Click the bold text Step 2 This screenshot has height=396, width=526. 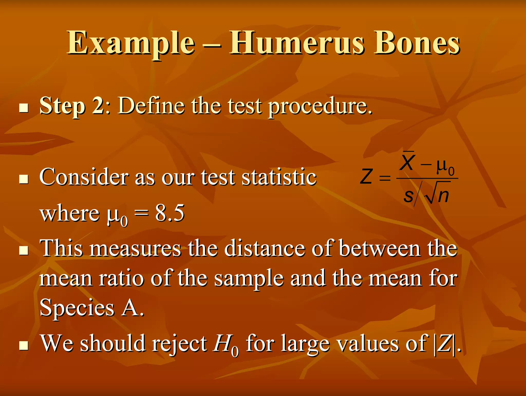pyautogui.click(x=71, y=106)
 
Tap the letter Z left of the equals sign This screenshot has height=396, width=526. pyautogui.click(x=366, y=177)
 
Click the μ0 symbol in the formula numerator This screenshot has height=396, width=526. pyautogui.click(x=445, y=167)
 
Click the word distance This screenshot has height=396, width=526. pyautogui.click(x=265, y=248)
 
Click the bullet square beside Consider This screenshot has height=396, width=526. pyautogui.click(x=24, y=179)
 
